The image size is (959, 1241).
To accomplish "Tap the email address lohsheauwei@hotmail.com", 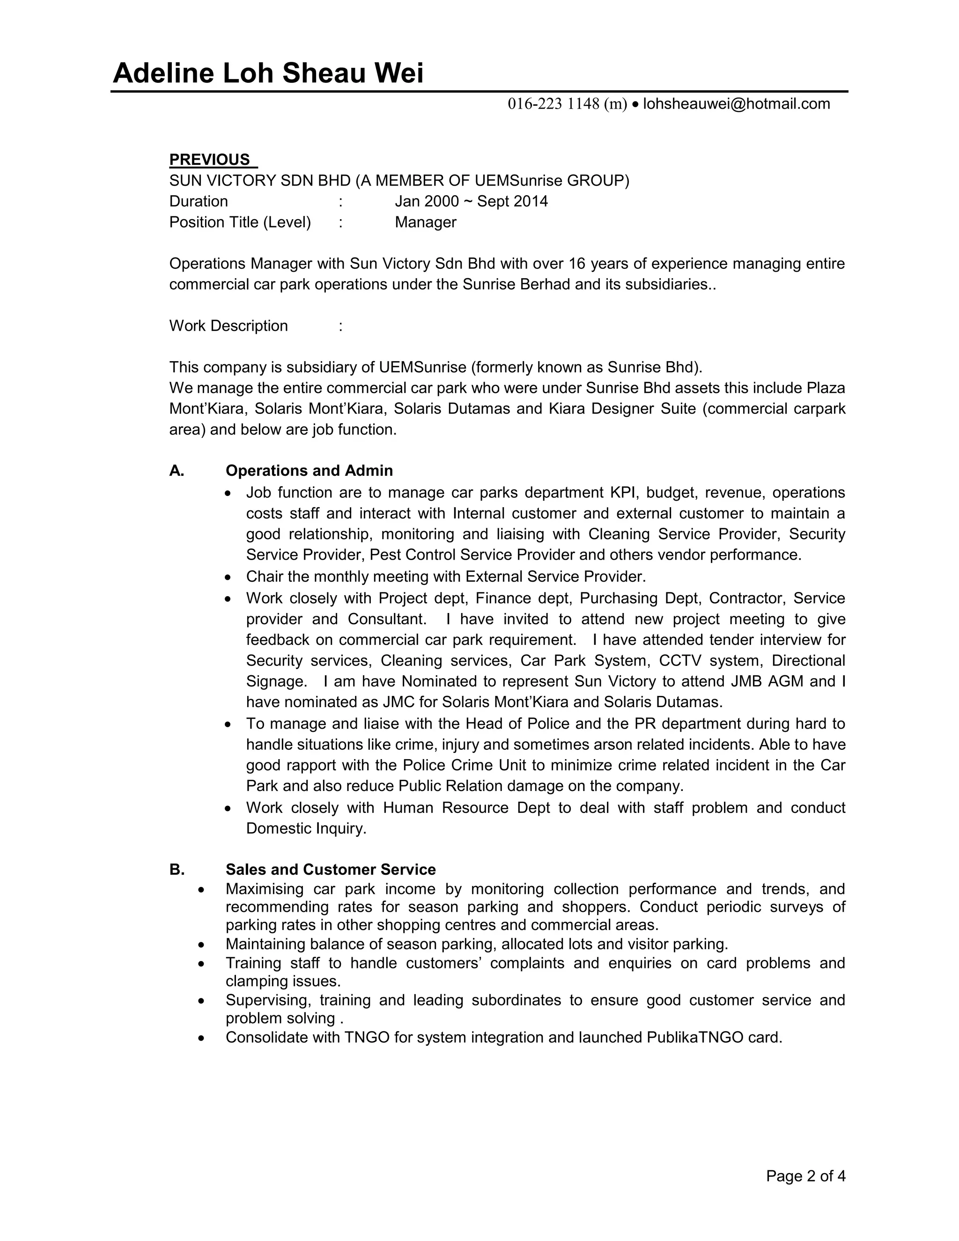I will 736,103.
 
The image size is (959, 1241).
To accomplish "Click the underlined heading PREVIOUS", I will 210,160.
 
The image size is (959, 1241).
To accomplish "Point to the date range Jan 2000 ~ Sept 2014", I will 471,201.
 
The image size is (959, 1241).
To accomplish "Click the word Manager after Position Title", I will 426,222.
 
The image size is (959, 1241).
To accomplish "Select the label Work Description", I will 229,325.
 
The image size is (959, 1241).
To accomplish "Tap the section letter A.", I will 176,471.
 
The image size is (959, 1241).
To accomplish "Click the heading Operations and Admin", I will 309,471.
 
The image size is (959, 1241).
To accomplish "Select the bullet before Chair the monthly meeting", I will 228,577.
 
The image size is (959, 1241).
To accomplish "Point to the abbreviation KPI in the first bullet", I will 624,492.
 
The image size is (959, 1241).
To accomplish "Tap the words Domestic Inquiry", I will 306,828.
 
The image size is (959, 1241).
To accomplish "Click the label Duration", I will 198,201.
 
